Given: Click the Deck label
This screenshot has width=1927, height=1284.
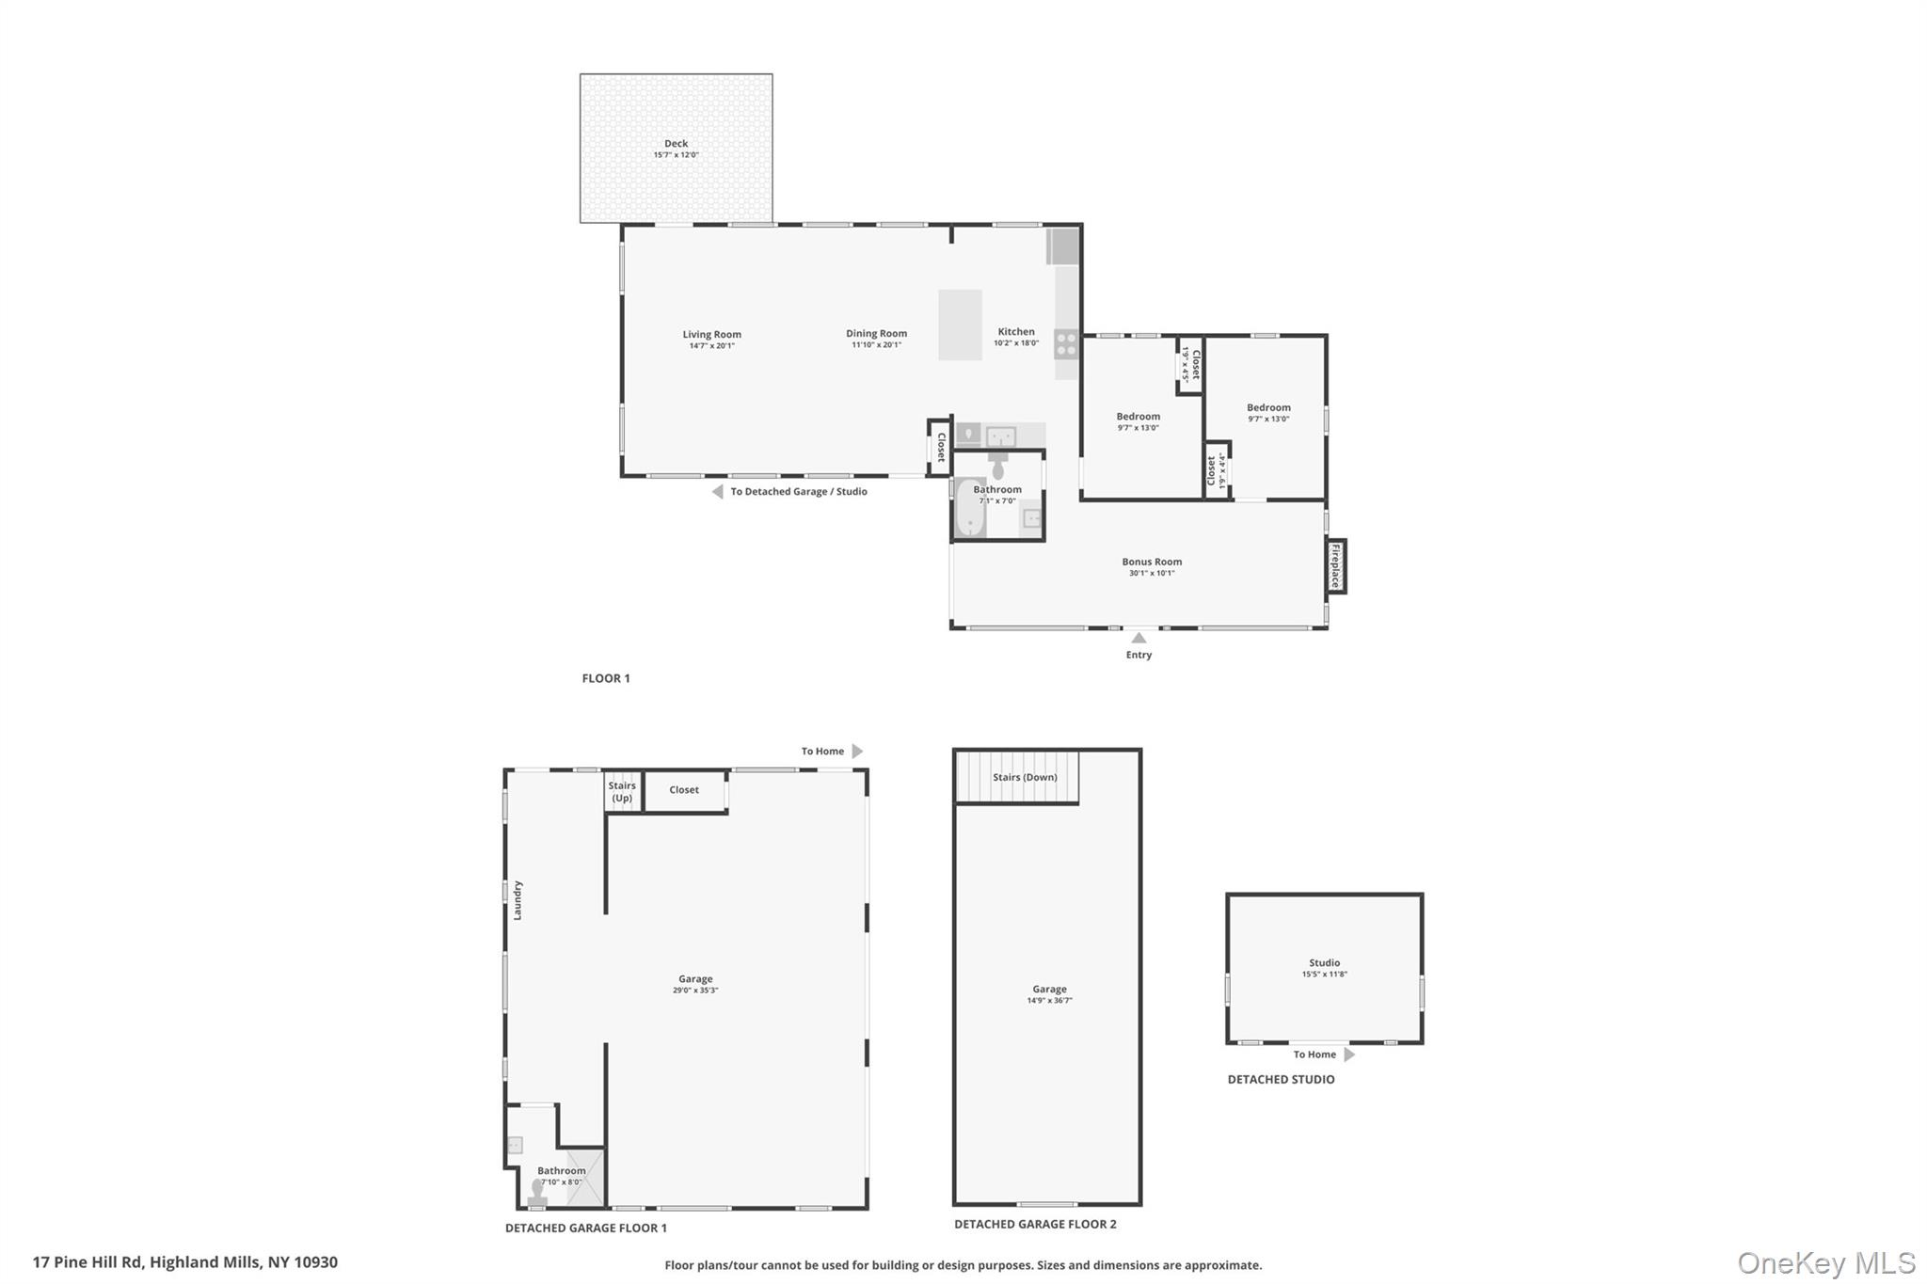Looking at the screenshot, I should (x=676, y=144).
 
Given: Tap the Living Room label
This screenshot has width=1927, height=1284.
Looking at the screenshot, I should (x=711, y=335).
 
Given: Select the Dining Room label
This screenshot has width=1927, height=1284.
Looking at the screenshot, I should (x=876, y=334).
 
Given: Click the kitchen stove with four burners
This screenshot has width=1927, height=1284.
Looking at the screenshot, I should (x=1066, y=344).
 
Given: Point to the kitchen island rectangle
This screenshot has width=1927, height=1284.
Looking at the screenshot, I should (x=960, y=325).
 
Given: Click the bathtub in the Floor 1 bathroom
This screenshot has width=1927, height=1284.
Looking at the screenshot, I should (x=969, y=509).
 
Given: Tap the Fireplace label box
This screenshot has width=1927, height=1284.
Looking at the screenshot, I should (x=1335, y=566).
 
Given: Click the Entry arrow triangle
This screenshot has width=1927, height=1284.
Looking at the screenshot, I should (x=1139, y=638).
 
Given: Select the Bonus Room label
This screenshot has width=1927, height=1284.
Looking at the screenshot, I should (x=1152, y=562).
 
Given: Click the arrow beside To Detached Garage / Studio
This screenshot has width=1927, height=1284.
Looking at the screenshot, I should (x=717, y=492).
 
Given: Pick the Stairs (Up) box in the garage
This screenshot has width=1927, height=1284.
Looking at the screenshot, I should (x=622, y=792).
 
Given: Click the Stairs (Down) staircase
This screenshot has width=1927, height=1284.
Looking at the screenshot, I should (x=1017, y=777).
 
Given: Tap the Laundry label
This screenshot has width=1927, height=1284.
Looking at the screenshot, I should (x=518, y=900).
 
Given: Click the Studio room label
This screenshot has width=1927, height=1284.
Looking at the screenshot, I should (x=1324, y=962).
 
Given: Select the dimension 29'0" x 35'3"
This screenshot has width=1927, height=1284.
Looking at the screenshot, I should (x=695, y=991).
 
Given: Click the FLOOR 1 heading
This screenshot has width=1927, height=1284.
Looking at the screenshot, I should (x=606, y=678).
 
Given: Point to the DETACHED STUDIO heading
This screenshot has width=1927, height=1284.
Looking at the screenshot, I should (x=1281, y=1079).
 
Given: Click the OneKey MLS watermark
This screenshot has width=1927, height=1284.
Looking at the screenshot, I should (x=1825, y=1262).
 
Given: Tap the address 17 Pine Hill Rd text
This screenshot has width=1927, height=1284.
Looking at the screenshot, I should (x=184, y=1262).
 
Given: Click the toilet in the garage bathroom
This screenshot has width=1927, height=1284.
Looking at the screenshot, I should (x=537, y=1193).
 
